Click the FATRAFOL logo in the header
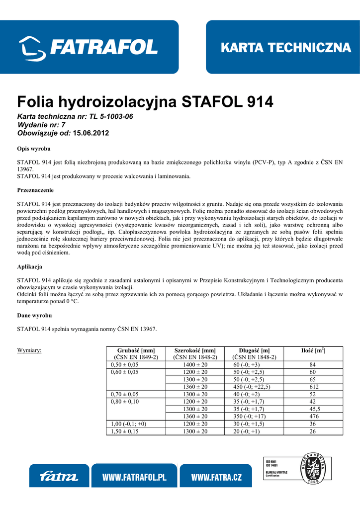89,47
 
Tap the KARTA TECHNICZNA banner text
285,48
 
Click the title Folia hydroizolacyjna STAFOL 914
145,102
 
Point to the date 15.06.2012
90,133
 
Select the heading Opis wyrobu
34,149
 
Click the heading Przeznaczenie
35,190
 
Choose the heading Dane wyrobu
34,315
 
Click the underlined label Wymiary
29,350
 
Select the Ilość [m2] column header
313,350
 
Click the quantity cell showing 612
313,387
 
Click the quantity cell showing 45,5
313,409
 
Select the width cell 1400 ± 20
195,364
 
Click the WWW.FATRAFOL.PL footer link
134,477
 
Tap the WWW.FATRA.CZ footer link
216,477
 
